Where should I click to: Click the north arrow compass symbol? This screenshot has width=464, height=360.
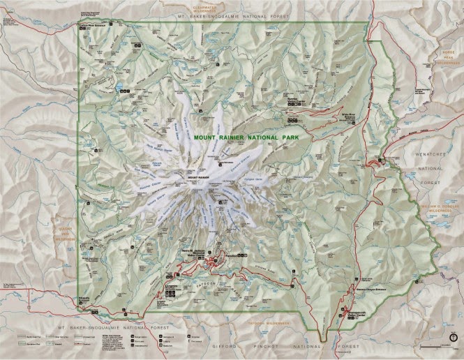453,337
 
